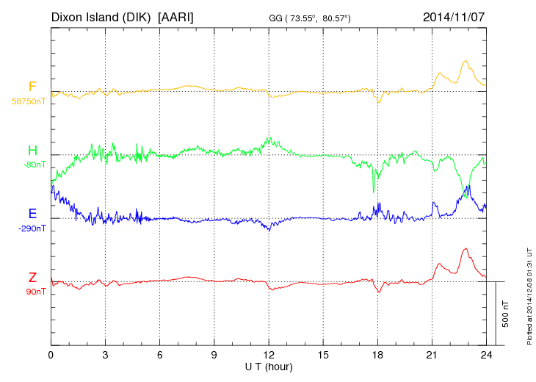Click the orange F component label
point(32,87)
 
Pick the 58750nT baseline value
point(29,101)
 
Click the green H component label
point(32,151)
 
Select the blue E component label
point(32,214)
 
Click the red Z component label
point(32,278)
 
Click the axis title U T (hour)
point(269,366)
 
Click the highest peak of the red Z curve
point(465,249)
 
